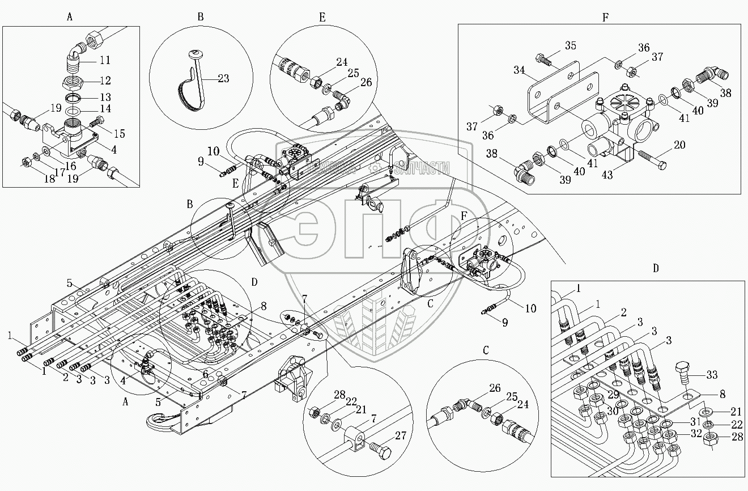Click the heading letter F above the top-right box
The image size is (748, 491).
point(605,18)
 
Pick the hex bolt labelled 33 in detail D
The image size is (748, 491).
point(682,373)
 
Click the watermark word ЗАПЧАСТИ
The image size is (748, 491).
point(422,168)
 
